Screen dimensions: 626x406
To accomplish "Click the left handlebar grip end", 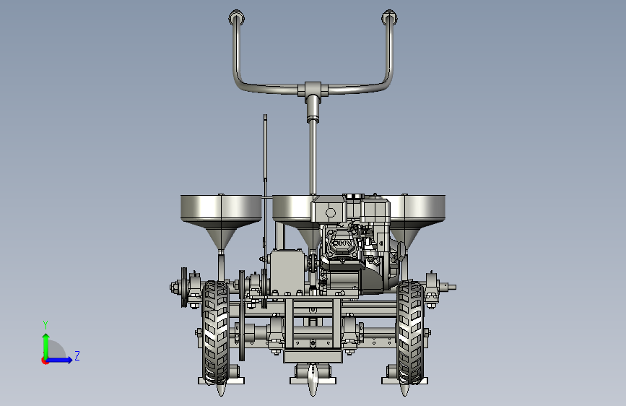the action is [236, 17].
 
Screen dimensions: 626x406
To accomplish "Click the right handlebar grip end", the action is [389, 17].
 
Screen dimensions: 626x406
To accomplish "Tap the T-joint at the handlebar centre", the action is [313, 89].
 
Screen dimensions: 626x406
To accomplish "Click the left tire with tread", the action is [216, 332].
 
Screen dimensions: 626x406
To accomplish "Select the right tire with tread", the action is [411, 332].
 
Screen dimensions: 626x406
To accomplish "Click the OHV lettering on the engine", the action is [343, 243].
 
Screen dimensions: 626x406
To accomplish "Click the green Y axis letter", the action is [45, 324].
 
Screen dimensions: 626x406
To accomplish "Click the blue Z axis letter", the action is [77, 355].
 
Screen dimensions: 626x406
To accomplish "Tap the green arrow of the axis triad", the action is [46, 346].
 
